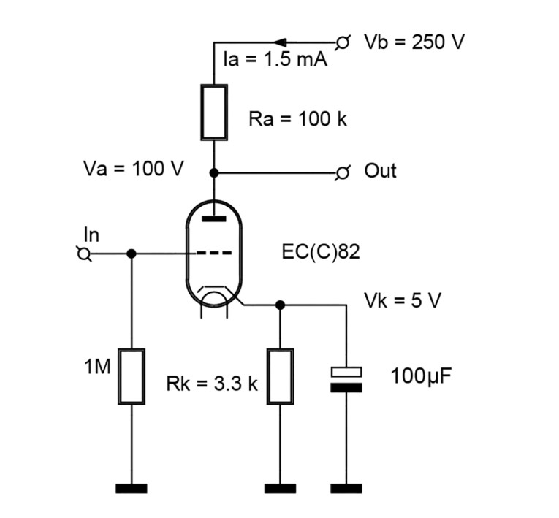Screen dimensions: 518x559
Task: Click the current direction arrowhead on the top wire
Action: [280, 42]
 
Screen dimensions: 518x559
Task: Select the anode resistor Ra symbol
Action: [214, 112]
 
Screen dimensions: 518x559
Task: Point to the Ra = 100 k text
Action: [297, 119]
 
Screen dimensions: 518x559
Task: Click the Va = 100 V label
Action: [134, 170]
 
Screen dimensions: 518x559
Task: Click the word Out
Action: [380, 171]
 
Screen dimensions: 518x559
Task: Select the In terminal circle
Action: [84, 254]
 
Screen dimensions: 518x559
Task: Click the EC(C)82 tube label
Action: [321, 253]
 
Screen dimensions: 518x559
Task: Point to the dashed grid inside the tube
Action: [214, 254]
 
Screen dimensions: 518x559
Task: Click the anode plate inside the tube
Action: [214, 217]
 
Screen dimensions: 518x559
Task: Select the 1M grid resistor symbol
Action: [132, 376]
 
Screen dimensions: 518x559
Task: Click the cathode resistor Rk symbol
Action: [281, 376]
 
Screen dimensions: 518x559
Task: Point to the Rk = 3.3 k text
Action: [212, 384]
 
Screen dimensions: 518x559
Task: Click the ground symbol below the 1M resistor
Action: [132, 488]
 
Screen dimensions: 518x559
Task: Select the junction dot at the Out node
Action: [214, 173]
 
